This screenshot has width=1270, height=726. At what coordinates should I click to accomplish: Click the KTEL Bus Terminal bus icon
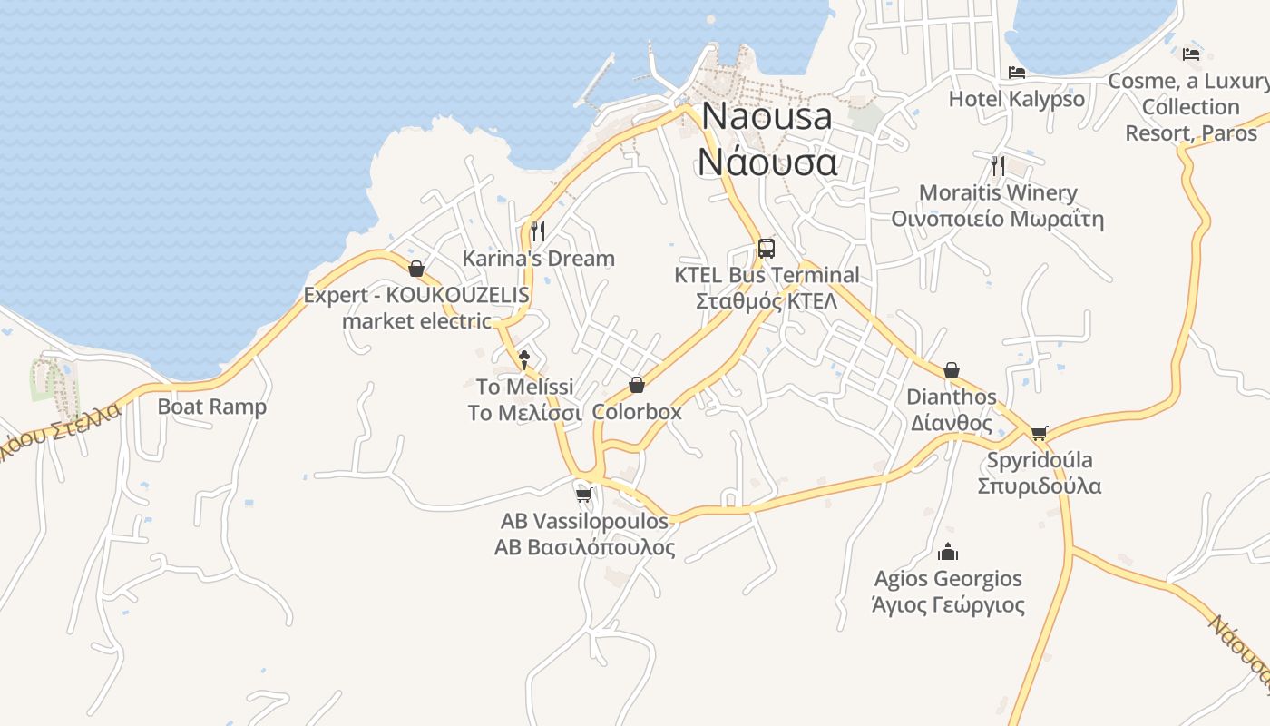[767, 248]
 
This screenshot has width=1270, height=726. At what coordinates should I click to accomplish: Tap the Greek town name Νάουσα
[767, 162]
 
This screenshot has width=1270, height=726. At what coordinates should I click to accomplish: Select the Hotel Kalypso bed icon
[1016, 72]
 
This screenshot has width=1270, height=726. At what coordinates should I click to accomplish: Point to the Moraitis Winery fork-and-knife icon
[998, 165]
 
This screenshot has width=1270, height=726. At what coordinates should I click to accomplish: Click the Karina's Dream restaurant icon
[538, 231]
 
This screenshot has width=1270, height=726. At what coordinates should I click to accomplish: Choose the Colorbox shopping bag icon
[637, 385]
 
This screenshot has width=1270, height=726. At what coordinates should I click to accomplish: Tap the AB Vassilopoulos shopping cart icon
[584, 495]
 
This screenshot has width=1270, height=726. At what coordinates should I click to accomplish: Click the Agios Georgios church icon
[948, 551]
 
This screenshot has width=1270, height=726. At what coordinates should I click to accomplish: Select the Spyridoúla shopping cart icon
[1039, 433]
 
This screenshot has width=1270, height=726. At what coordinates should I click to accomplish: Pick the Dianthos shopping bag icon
[951, 370]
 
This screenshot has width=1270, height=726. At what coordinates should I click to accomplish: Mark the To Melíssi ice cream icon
[523, 359]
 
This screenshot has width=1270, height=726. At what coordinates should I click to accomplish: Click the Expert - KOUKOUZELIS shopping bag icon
[416, 269]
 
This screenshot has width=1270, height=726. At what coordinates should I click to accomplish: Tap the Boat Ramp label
[212, 407]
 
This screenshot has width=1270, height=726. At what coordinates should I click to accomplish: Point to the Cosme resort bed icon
[1191, 54]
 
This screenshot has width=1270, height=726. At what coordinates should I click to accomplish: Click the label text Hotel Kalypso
[1016, 99]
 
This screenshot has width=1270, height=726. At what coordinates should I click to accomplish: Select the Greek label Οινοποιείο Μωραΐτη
[997, 219]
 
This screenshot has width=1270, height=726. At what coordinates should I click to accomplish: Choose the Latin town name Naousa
[767, 116]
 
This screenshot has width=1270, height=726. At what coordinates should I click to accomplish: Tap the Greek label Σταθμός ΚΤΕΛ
[767, 301]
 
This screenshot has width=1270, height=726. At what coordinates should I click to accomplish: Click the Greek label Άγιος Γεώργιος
[948, 605]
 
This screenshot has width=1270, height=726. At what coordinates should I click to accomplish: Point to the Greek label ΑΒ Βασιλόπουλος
[584, 547]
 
